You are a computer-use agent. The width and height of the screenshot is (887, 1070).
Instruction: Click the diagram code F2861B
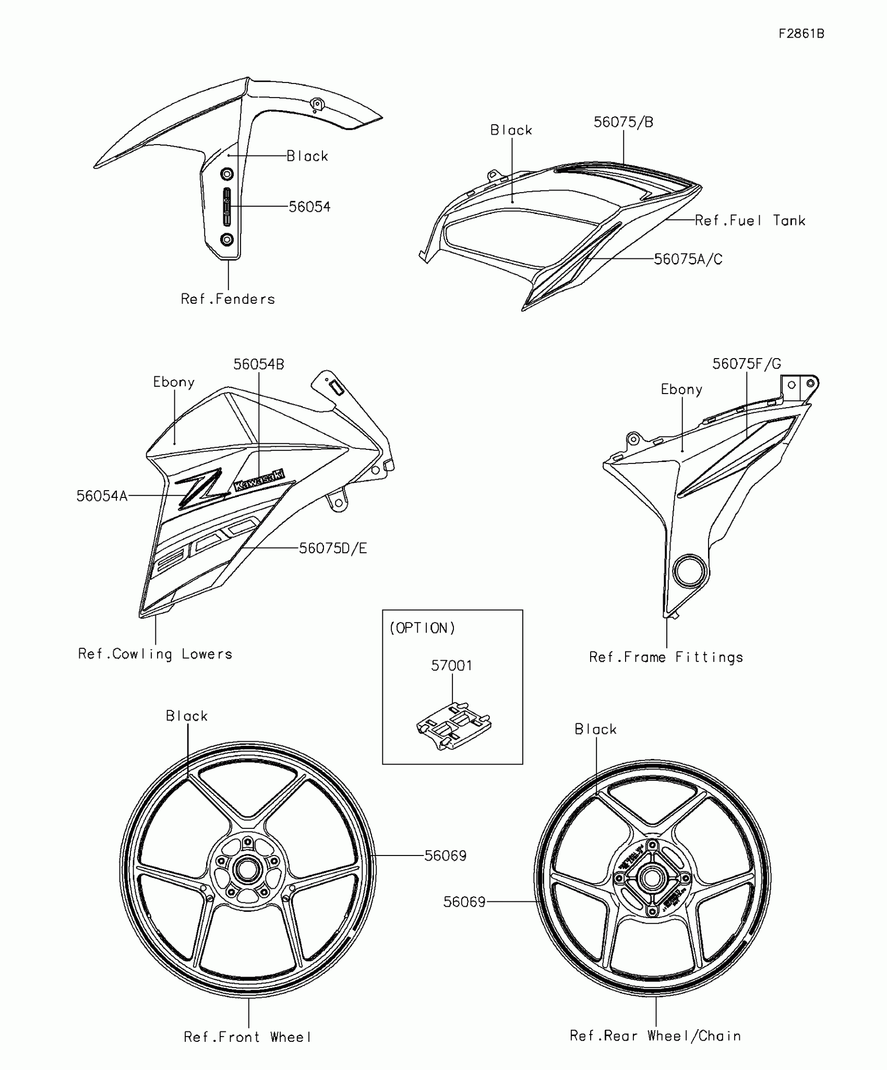[x=801, y=34]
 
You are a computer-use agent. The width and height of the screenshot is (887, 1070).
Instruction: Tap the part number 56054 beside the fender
[x=309, y=207]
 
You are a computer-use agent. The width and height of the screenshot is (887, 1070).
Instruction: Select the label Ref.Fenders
[x=227, y=299]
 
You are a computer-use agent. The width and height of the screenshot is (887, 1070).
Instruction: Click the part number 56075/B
[x=624, y=122]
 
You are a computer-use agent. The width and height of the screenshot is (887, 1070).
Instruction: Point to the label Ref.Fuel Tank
[x=750, y=221]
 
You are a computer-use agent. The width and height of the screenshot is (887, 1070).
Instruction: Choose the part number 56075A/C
[x=688, y=259]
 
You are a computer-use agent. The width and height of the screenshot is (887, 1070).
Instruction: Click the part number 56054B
[x=259, y=364]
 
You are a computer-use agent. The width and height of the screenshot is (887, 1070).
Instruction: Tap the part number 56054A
[x=102, y=496]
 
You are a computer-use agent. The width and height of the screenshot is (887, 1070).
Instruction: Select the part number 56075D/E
[x=333, y=548]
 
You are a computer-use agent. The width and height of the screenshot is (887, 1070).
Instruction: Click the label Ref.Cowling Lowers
[x=155, y=654]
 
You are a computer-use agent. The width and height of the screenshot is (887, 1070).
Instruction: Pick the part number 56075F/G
[x=747, y=364]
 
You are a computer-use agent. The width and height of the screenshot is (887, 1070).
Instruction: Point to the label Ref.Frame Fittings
[x=666, y=657]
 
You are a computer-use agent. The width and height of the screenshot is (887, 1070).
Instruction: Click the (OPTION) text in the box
[x=423, y=628]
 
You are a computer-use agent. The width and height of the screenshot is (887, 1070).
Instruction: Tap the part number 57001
[x=452, y=665]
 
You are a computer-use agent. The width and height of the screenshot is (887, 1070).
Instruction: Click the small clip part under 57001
[x=453, y=726]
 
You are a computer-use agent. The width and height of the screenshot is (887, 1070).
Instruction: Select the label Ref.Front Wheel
[x=248, y=1037]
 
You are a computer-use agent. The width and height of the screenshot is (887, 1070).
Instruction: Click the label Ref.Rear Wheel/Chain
[x=655, y=1036]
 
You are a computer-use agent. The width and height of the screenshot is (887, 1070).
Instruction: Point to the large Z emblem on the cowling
[x=202, y=488]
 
